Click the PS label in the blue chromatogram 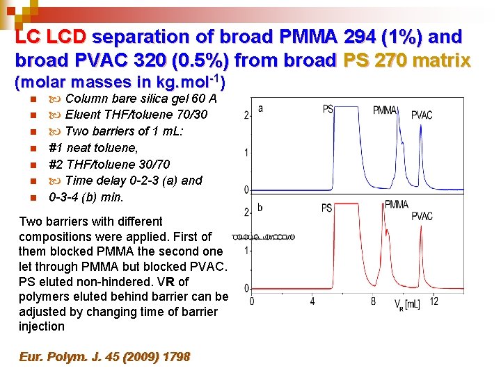point(328,108)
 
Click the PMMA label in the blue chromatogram point(385,110)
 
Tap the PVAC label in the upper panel point(422,115)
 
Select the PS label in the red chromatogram point(326,208)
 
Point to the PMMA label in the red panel point(397,204)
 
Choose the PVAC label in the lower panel point(422,217)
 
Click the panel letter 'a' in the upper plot point(260,108)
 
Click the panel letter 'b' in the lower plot point(260,208)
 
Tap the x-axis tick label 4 point(312,301)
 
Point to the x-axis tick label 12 point(434,301)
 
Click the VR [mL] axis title point(407,303)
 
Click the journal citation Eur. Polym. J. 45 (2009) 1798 point(104,357)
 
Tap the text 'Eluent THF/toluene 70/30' point(128,115)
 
